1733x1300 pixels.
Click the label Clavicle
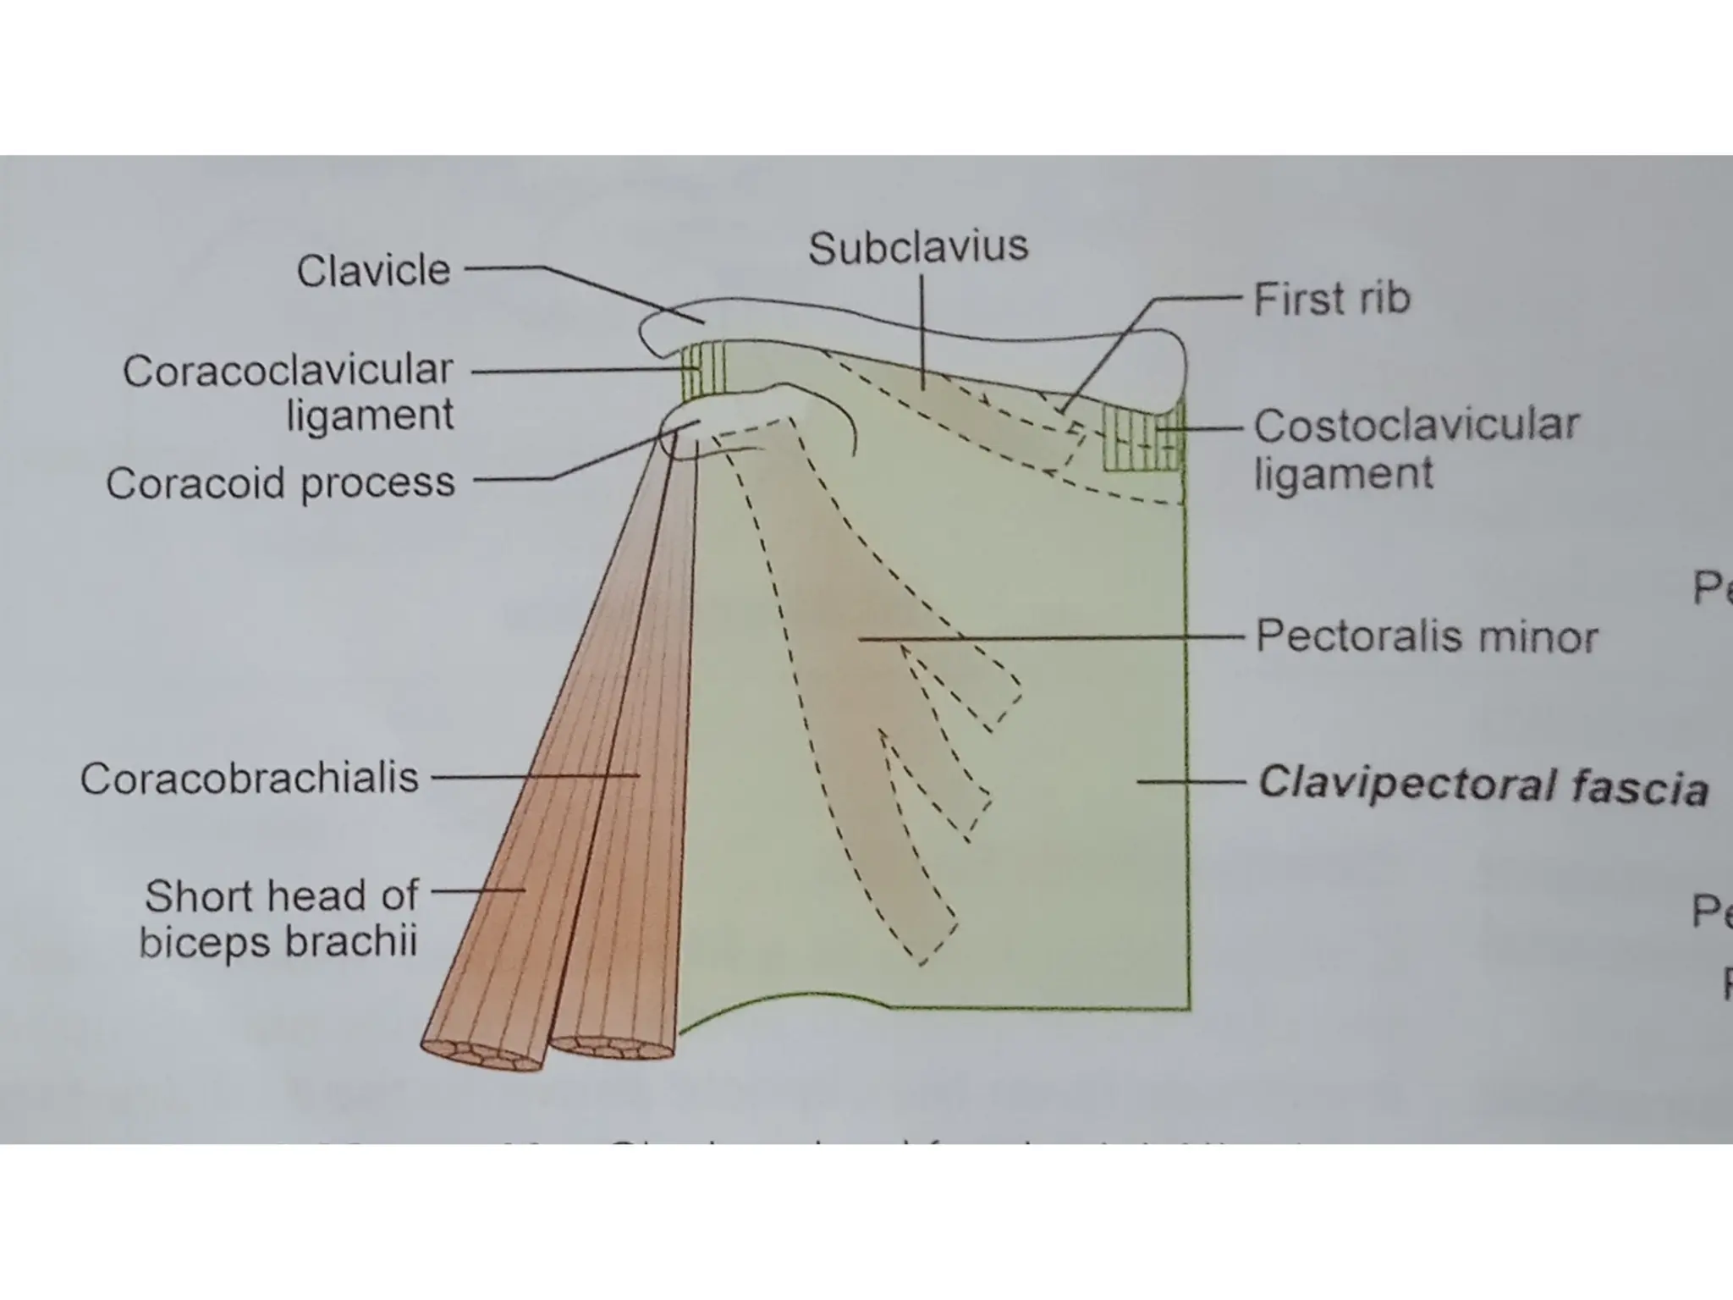tap(373, 272)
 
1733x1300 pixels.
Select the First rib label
tap(1331, 300)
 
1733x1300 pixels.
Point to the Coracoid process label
tap(280, 483)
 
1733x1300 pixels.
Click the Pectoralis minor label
tap(1426, 636)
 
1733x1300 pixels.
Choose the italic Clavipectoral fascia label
tap(1482, 785)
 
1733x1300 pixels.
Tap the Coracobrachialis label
tap(250, 778)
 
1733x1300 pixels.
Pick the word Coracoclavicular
tap(288, 371)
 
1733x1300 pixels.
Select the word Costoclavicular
tap(1416, 426)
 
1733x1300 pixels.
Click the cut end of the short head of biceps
tap(482, 1055)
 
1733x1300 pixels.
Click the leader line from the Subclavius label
tap(922, 330)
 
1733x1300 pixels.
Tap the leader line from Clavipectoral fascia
tap(1189, 782)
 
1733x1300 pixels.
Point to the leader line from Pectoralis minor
tap(1049, 638)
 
